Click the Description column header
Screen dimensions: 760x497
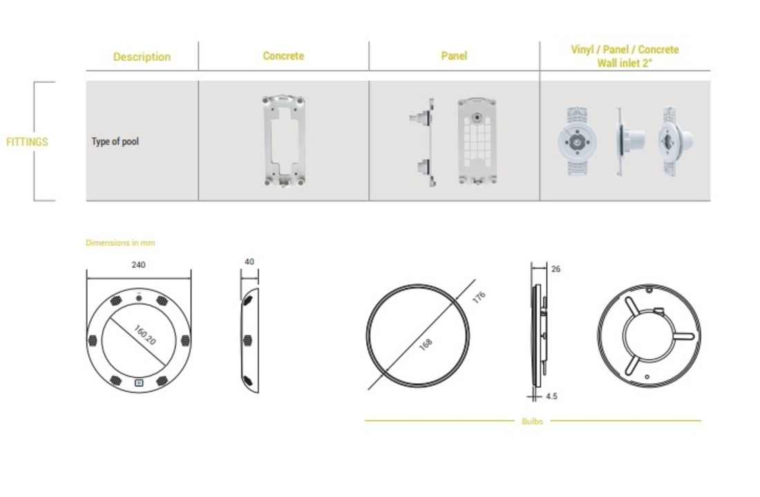click(142, 57)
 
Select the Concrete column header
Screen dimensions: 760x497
click(283, 56)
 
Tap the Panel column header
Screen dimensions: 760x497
click(454, 56)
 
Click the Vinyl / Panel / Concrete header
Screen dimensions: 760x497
click(625, 50)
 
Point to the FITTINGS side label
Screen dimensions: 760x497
click(27, 142)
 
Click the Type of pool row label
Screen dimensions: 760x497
click(115, 142)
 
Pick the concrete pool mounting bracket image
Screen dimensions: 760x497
click(283, 141)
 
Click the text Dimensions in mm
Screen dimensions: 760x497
click(120, 243)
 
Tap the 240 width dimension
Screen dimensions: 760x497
click(139, 264)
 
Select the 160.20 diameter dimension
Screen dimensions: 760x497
click(144, 335)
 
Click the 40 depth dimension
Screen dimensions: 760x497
click(249, 262)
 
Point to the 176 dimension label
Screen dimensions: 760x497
click(479, 298)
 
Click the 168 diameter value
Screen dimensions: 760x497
click(425, 344)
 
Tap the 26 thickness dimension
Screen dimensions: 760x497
click(556, 269)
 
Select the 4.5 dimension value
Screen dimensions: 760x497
click(551, 396)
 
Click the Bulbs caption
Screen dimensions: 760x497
click(532, 422)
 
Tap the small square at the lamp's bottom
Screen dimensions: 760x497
click(139, 382)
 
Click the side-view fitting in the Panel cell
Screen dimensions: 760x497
click(423, 142)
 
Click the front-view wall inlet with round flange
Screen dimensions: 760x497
click(577, 141)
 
